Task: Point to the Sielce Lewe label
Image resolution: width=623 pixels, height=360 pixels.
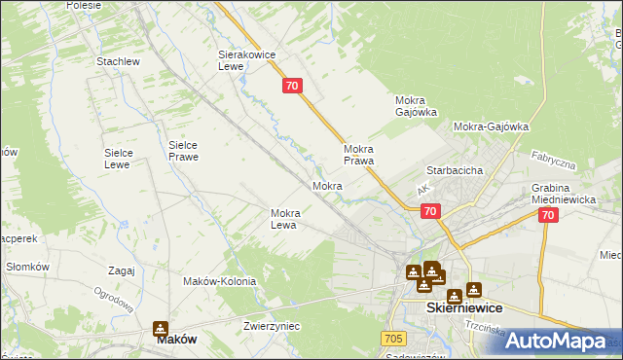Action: click(x=124, y=159)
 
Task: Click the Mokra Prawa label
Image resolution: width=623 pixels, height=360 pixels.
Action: click(x=359, y=155)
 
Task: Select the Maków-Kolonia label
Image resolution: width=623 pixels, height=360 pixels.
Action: click(x=219, y=281)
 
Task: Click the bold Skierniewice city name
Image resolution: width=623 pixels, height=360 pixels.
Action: click(x=464, y=306)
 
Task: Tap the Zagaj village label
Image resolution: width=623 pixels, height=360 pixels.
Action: click(x=122, y=270)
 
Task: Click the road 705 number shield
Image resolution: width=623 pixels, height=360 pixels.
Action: click(x=392, y=338)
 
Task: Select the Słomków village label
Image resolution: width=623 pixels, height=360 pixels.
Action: click(x=27, y=267)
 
